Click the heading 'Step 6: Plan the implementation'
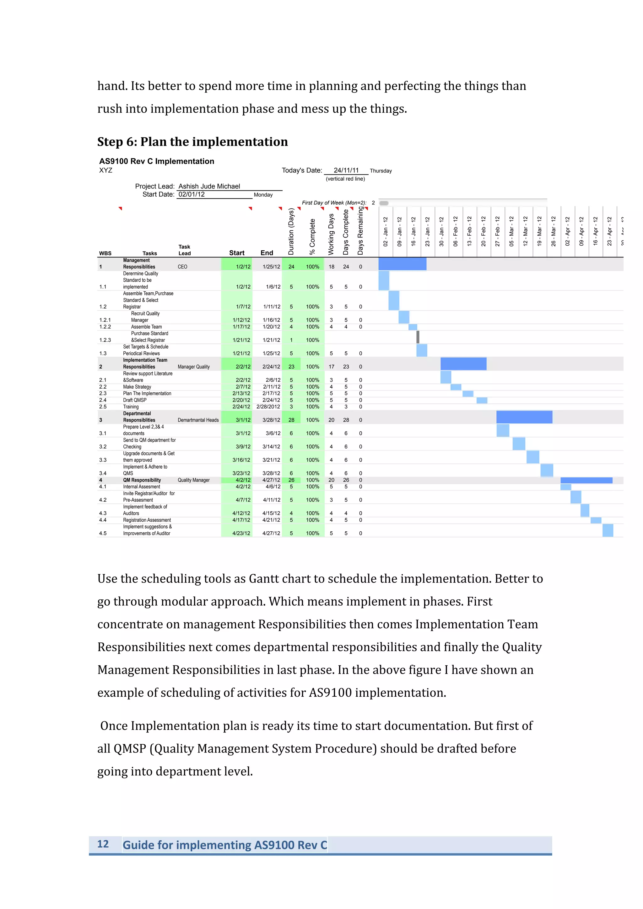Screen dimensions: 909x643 click(192, 142)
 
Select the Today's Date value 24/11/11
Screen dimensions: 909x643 click(346, 170)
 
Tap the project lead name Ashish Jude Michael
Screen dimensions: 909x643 click(209, 186)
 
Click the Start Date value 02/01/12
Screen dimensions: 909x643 click(192, 194)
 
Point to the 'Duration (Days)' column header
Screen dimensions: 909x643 click(291, 231)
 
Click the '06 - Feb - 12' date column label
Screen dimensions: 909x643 click(456, 231)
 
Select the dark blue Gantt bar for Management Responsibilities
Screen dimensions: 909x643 click(402, 264)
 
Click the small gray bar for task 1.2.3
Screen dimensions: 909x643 click(418, 337)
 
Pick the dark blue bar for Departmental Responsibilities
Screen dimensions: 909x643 click(524, 417)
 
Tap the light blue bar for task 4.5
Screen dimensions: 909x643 click(608, 530)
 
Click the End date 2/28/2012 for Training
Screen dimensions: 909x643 click(268, 407)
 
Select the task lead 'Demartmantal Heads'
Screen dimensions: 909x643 click(198, 420)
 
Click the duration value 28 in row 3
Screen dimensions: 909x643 click(291, 420)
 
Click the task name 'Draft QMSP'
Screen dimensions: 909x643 click(135, 400)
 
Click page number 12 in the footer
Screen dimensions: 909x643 click(103, 844)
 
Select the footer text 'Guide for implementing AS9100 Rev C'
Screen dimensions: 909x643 click(224, 845)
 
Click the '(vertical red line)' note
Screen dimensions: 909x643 click(345, 179)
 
